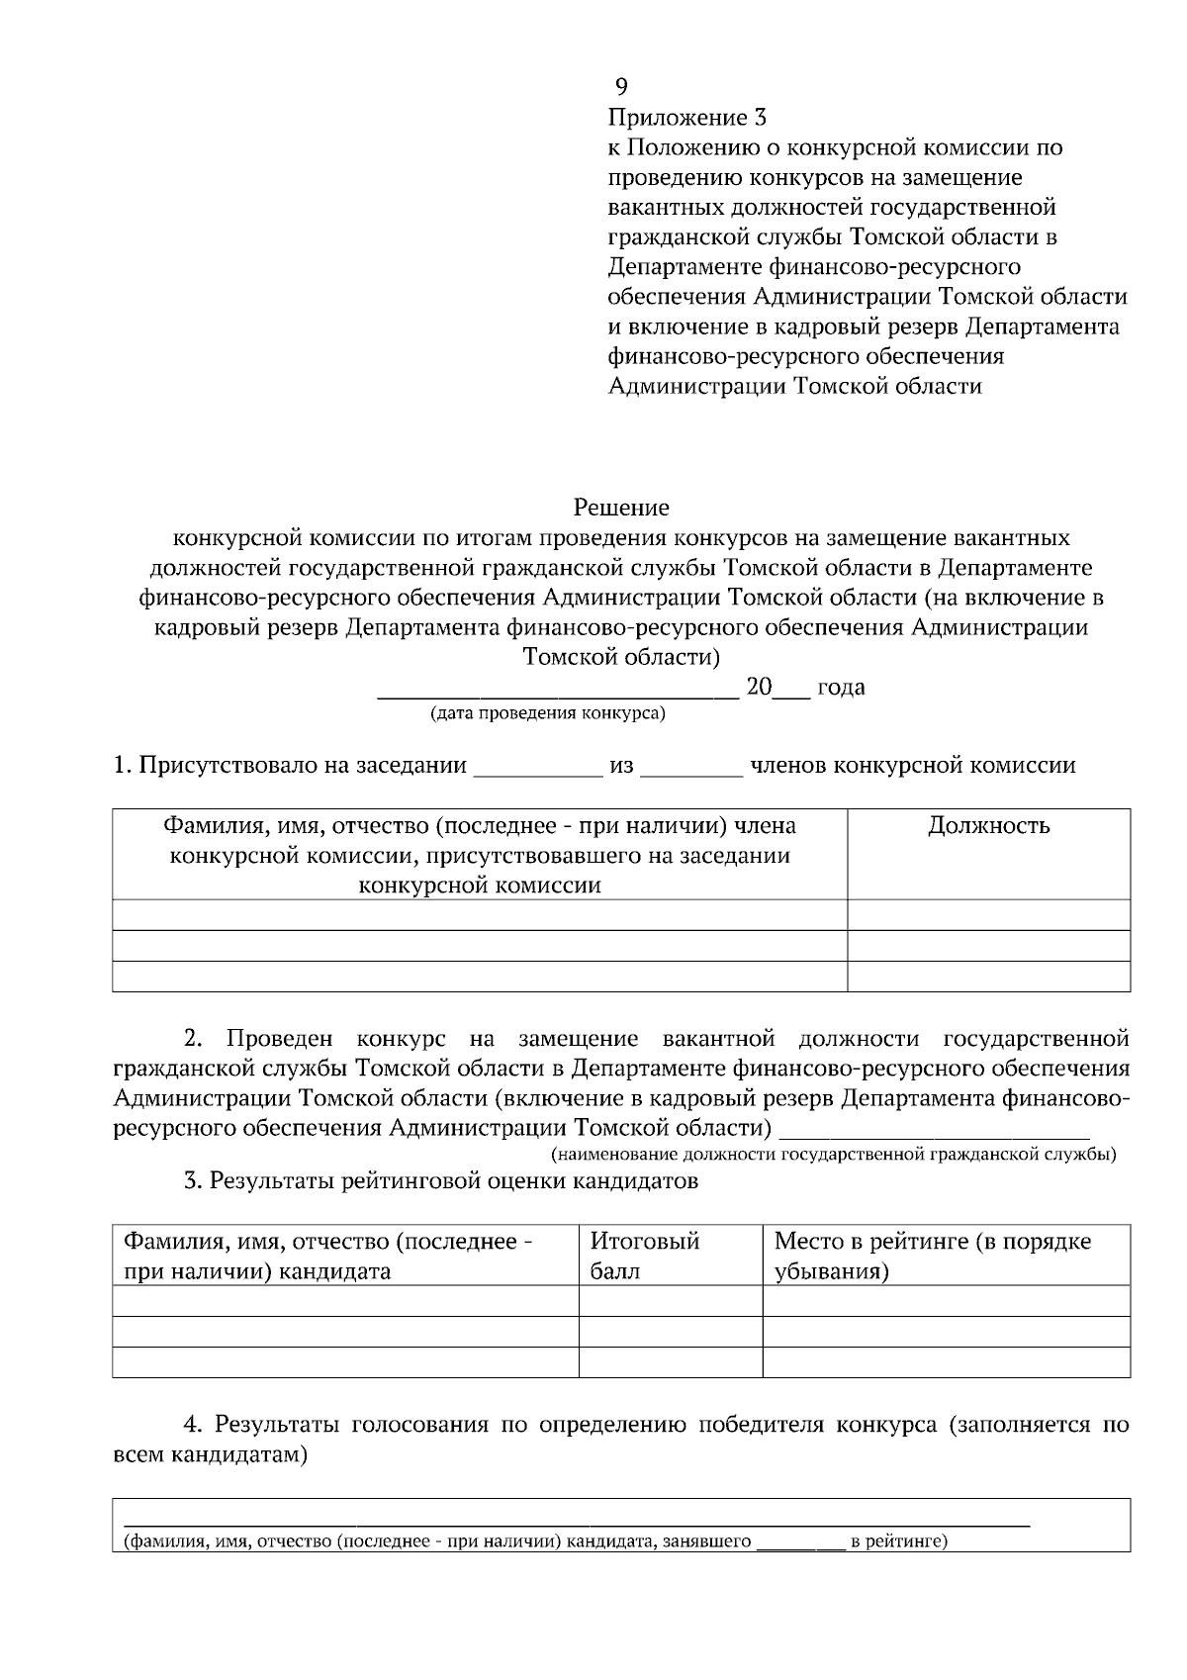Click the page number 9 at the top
pyautogui.click(x=621, y=86)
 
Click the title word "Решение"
pyautogui.click(x=621, y=509)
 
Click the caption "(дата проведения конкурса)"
pyautogui.click(x=547, y=713)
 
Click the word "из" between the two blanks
pyautogui.click(x=621, y=766)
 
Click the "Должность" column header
pyautogui.click(x=988, y=826)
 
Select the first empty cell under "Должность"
pyautogui.click(x=988, y=915)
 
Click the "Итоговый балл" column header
pyautogui.click(x=645, y=1256)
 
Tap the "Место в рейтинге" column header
pyautogui.click(x=932, y=1256)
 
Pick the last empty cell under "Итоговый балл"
pyautogui.click(x=670, y=1362)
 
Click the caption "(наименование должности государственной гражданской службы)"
pyautogui.click(x=833, y=1154)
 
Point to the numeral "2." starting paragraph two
pyautogui.click(x=194, y=1039)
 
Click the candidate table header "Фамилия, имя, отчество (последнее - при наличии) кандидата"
pyautogui.click(x=327, y=1256)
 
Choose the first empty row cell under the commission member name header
pyautogui.click(x=480, y=915)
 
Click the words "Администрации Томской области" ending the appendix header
pyautogui.click(x=794, y=387)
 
